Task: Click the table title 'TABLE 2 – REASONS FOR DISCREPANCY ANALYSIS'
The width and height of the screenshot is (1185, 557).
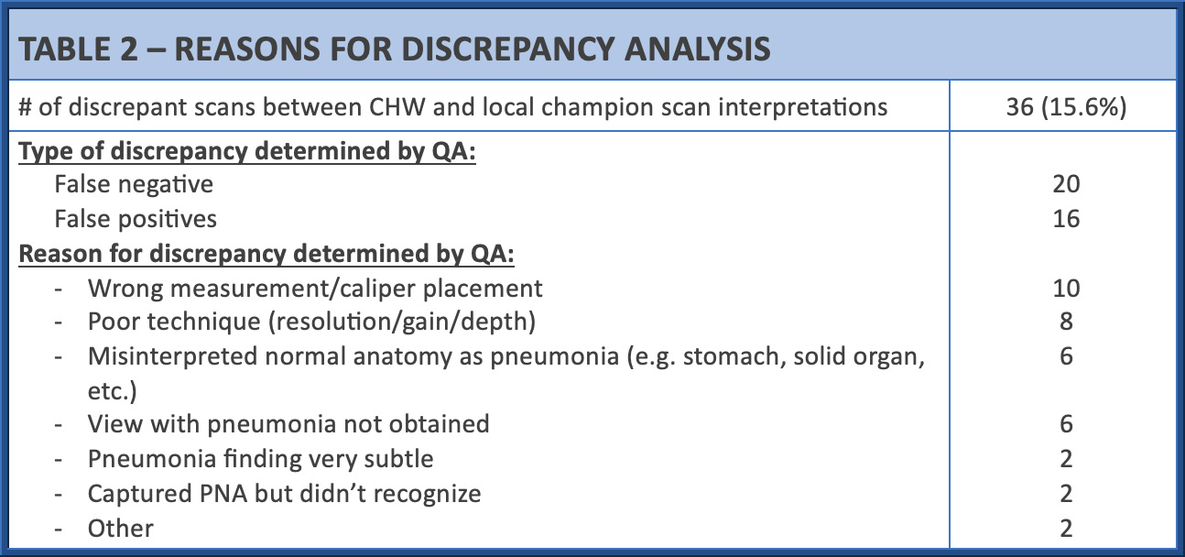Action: [x=394, y=49]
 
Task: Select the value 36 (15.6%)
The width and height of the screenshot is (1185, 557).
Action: [x=1066, y=107]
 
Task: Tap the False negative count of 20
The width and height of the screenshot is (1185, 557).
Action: [x=1066, y=184]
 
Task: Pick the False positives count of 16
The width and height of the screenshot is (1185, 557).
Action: [x=1066, y=219]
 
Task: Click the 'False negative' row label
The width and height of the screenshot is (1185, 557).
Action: [x=134, y=185]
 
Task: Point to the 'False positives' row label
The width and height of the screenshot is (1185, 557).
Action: [x=136, y=219]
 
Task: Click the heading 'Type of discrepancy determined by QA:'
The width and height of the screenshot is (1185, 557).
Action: [x=247, y=151]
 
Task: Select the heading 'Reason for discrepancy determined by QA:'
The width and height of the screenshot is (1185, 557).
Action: [x=266, y=254]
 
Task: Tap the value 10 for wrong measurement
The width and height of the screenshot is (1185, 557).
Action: [x=1066, y=289]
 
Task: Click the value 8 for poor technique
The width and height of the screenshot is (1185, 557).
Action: [x=1066, y=322]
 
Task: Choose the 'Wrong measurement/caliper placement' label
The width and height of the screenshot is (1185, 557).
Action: [x=315, y=289]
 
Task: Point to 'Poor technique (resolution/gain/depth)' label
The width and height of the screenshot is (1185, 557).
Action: [x=311, y=322]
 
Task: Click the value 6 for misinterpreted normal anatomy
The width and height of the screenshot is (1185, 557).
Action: [x=1066, y=356]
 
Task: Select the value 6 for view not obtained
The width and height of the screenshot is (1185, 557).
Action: [x=1066, y=424]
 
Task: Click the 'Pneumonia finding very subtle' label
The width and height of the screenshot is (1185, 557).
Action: [x=260, y=459]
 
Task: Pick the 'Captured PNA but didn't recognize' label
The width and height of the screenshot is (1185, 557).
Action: [x=284, y=494]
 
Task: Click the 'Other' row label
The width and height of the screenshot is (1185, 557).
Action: [x=121, y=529]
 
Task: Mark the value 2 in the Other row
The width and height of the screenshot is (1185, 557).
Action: [x=1066, y=529]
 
